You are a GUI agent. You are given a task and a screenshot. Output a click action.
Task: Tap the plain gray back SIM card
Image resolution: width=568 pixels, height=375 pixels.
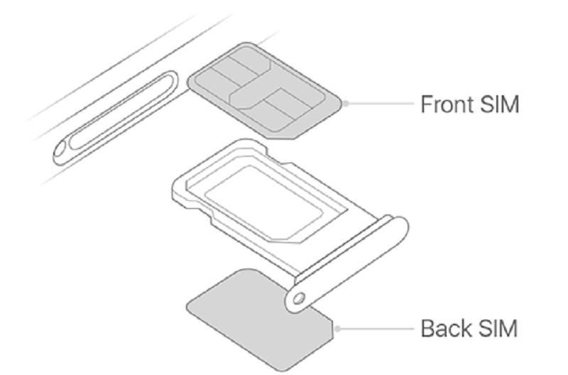(x=256, y=320)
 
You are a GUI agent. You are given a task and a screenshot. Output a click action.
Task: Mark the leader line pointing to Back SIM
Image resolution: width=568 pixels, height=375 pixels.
(x=376, y=329)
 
